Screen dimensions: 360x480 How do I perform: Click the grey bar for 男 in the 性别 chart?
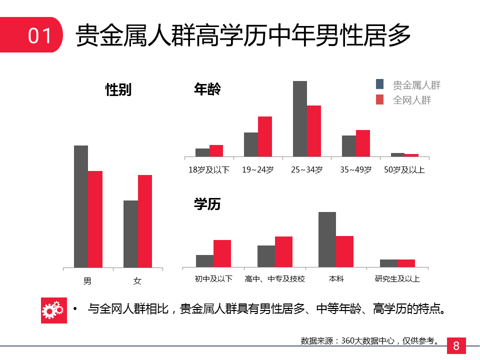[x=81, y=206]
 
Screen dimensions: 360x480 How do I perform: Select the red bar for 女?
[x=145, y=221]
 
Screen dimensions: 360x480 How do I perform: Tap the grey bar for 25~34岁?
[x=299, y=118]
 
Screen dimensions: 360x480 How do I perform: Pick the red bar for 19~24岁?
[x=265, y=136]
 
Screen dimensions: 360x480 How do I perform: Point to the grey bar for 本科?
[x=327, y=239]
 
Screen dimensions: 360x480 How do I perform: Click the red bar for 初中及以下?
[x=222, y=253]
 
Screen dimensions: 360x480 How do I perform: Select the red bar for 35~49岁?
[x=363, y=143]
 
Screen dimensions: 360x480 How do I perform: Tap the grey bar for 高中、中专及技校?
[x=266, y=256]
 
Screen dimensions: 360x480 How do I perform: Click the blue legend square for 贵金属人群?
[x=380, y=84]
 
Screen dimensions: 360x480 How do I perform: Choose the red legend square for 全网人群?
[x=380, y=99]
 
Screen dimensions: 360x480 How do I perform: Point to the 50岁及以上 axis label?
[x=404, y=170]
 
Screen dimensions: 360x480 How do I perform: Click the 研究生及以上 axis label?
[x=397, y=278]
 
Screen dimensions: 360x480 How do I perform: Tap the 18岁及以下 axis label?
[x=208, y=170]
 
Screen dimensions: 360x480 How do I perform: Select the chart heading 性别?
[x=118, y=90]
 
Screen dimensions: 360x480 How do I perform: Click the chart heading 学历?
[x=207, y=204]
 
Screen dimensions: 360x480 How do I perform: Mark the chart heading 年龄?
[x=207, y=89]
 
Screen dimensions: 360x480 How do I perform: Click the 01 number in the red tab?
[x=40, y=36]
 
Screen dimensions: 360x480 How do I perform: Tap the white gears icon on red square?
[x=53, y=310]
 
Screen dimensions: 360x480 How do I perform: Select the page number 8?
[x=456, y=345]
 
